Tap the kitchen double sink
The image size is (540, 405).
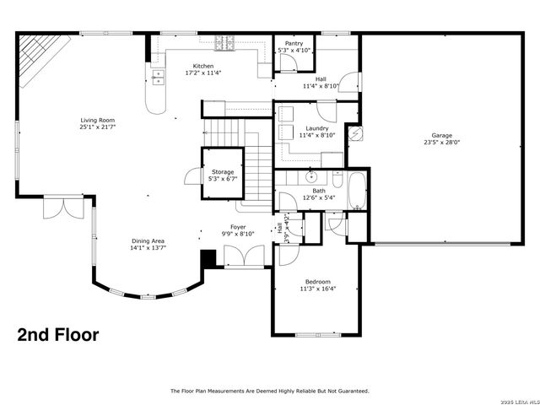coord(158,78)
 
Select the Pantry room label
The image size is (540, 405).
coord(294,42)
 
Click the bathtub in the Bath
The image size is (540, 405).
coord(358,190)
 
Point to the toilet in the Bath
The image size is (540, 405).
coord(337,180)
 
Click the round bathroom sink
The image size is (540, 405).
coord(311,177)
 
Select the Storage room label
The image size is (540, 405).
coord(223,172)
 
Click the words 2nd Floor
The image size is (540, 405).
coord(58,335)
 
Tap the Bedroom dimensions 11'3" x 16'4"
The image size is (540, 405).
coord(317,289)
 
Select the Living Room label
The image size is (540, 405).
coord(98,120)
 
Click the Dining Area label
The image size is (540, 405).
coord(147,241)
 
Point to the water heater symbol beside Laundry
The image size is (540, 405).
coord(355,133)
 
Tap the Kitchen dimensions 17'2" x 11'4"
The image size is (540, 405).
coord(203,73)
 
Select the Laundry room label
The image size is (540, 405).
coord(317,127)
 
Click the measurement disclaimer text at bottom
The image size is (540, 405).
coord(270,391)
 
